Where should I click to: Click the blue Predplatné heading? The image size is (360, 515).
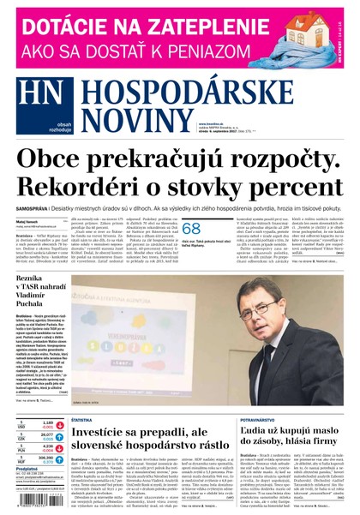tap(27, 470)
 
